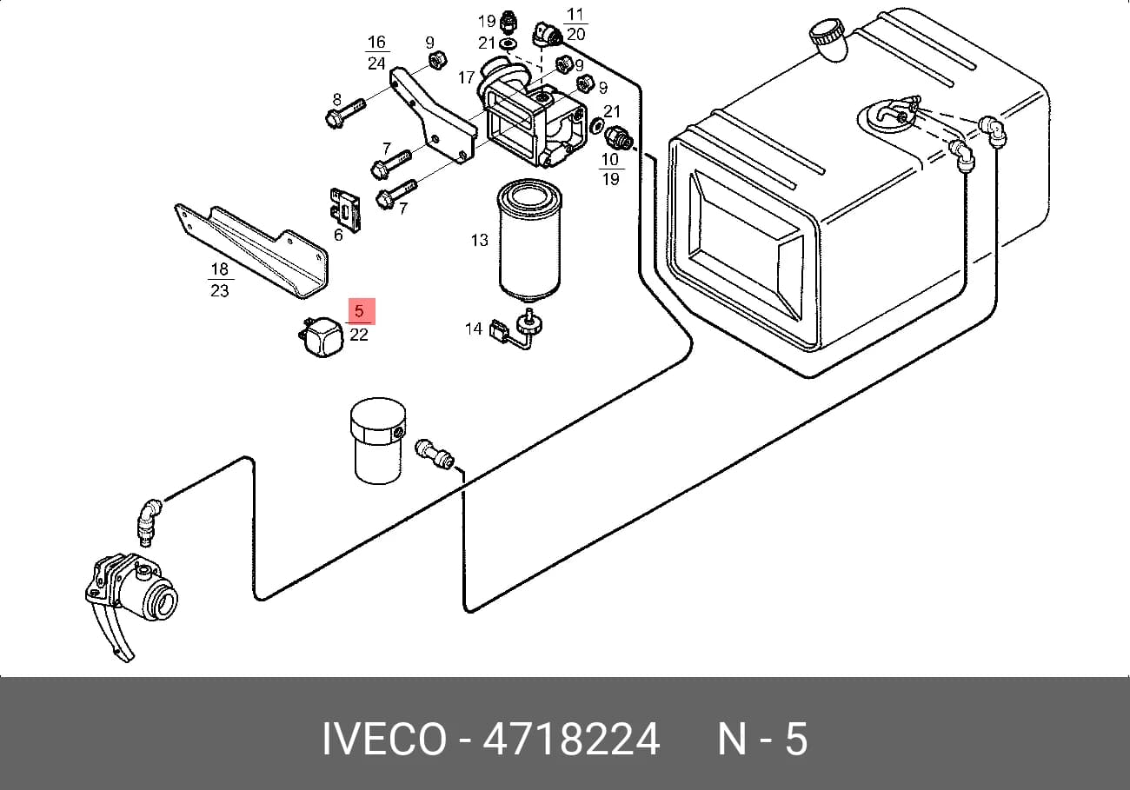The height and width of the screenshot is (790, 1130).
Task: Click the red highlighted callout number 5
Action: (x=359, y=311)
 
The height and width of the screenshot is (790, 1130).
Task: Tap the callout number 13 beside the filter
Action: (x=479, y=240)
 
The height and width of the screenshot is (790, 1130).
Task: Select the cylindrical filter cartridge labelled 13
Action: (x=529, y=240)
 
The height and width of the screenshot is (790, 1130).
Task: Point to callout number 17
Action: (x=466, y=77)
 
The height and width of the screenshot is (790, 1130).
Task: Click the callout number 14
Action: (x=474, y=329)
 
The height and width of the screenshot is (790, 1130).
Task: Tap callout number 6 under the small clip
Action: (x=338, y=235)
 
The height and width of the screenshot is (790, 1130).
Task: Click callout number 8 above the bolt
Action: (x=337, y=100)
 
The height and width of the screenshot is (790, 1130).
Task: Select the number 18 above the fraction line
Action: (x=220, y=269)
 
